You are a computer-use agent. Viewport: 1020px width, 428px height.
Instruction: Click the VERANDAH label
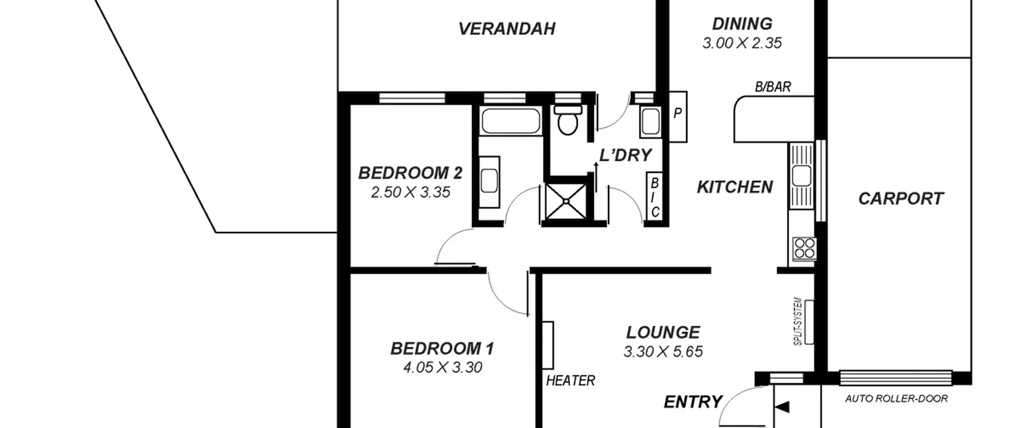[507, 29]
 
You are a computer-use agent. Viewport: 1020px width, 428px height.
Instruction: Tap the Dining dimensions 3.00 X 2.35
[742, 43]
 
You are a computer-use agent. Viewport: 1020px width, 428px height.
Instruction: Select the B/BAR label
[773, 87]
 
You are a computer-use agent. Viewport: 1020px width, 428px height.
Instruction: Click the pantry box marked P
[678, 117]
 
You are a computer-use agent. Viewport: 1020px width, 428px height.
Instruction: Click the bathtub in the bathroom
[511, 121]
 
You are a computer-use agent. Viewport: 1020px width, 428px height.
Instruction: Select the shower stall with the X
[566, 202]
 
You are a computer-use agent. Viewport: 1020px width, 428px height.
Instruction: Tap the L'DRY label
[626, 155]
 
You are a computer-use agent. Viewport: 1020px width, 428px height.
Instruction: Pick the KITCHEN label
[735, 187]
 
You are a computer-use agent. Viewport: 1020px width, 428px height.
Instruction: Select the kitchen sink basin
[801, 176]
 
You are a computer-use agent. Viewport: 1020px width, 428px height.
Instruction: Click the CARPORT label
[901, 199]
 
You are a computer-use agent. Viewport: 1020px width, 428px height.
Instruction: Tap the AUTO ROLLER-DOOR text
[896, 399]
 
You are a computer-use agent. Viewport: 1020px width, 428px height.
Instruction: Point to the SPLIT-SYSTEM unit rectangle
[809, 322]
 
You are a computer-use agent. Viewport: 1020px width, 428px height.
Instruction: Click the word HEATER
[571, 381]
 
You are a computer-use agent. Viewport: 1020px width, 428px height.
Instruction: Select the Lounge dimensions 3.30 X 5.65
[663, 352]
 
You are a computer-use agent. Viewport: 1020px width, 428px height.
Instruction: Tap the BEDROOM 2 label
[410, 173]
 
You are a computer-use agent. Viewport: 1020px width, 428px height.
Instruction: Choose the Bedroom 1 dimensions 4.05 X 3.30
[443, 367]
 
